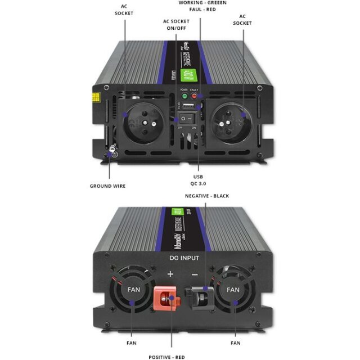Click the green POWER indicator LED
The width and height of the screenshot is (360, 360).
pyautogui.click(x=183, y=95)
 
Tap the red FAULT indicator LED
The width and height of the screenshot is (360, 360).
pyautogui.click(x=194, y=95)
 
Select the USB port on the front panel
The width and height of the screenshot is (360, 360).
pyautogui.click(x=189, y=107)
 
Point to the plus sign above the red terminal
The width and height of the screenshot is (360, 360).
pyautogui.click(x=170, y=274)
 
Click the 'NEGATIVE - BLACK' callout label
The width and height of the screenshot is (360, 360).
pyautogui.click(x=207, y=196)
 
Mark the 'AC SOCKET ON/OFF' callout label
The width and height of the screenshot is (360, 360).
pyautogui.click(x=175, y=25)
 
